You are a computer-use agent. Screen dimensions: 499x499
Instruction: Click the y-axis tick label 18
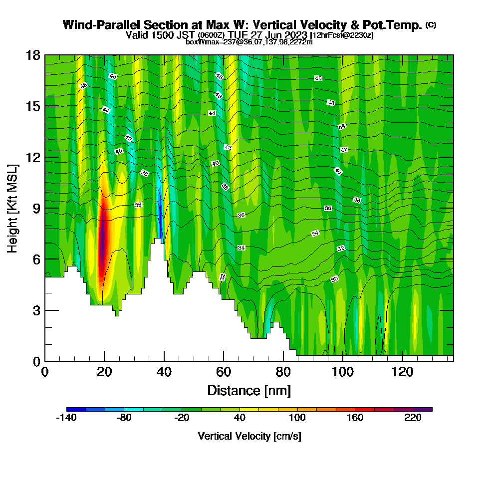(33, 55)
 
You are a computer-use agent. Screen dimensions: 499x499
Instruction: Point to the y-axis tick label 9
(36, 208)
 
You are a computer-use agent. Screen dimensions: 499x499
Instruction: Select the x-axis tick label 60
(224, 372)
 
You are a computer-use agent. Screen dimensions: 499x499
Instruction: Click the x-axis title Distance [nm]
(249, 390)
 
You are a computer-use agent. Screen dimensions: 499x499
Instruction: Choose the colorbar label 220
(413, 419)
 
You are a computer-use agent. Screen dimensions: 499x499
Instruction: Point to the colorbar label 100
(298, 419)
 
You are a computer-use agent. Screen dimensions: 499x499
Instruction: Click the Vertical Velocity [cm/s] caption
(249, 436)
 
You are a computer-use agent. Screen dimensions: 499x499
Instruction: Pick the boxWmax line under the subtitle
(249, 42)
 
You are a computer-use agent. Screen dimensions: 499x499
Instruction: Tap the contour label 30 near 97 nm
(335, 279)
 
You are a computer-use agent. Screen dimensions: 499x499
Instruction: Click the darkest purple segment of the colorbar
(423, 409)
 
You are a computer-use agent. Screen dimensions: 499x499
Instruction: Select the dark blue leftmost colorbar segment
(76, 409)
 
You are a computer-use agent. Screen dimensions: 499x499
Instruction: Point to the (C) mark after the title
(431, 25)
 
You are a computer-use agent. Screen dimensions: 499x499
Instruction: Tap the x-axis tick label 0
(45, 372)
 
